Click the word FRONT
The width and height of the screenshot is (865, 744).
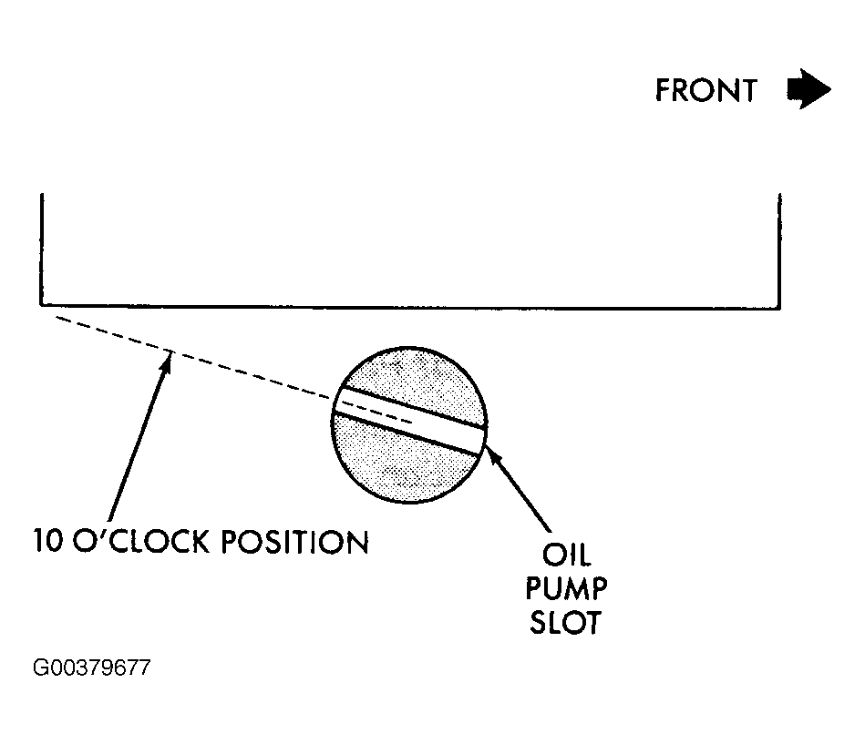click(705, 91)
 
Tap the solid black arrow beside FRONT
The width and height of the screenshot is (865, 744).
click(808, 89)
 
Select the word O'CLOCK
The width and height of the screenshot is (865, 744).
click(141, 541)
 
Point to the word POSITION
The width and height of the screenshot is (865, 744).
click(294, 541)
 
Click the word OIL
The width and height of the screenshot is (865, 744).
click(567, 555)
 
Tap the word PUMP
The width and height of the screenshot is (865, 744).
click(566, 588)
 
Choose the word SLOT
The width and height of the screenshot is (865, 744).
click(565, 623)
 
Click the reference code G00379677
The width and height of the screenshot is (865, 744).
click(91, 668)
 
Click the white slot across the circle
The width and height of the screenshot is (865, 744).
click(408, 420)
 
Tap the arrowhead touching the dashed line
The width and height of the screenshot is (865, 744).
click(166, 362)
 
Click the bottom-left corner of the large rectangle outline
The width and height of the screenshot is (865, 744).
click(41, 303)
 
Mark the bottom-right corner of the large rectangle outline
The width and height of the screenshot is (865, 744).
click(779, 308)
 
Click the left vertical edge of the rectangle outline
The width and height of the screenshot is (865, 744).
click(41, 249)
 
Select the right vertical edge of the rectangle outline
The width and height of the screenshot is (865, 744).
click(779, 250)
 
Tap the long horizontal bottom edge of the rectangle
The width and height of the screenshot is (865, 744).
click(410, 306)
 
